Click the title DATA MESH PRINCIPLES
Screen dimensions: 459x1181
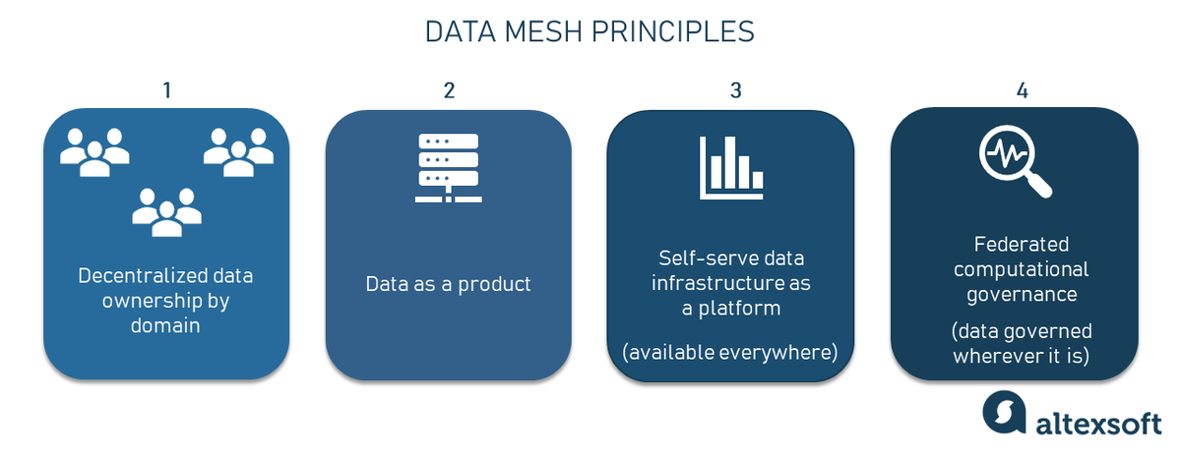point(590,31)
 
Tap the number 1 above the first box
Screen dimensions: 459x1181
point(166,90)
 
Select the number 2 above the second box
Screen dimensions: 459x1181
point(449,90)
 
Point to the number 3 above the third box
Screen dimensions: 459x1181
point(735,90)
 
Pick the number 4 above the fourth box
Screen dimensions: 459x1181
point(1023,90)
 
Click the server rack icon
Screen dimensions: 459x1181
point(448,168)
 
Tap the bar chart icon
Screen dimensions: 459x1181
point(731,163)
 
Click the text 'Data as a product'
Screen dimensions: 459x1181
point(448,284)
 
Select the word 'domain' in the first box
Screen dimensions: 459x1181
point(165,324)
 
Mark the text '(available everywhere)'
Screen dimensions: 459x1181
point(729,351)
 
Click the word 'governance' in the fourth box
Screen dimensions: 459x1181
point(1022,293)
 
